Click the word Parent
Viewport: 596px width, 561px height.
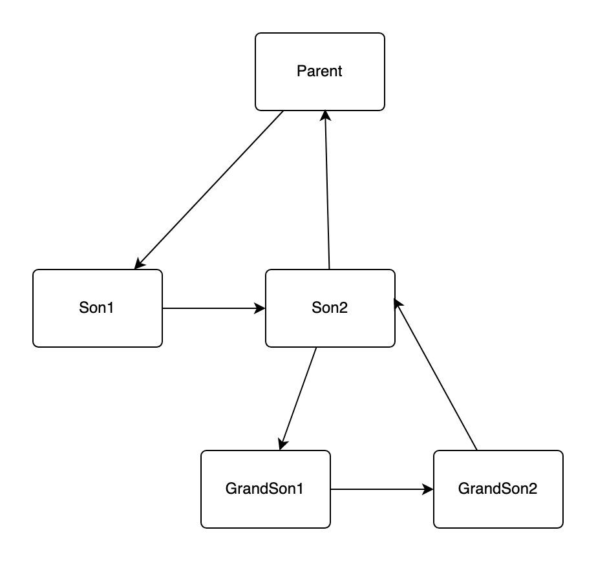click(x=319, y=71)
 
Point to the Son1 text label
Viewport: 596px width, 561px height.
click(x=97, y=308)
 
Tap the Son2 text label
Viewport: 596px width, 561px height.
click(x=330, y=308)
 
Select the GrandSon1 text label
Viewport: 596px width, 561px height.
click(x=265, y=489)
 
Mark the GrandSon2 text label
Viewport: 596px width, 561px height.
click(x=498, y=489)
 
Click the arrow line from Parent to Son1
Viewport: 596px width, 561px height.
click(x=210, y=189)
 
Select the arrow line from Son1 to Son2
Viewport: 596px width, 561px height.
click(x=213, y=308)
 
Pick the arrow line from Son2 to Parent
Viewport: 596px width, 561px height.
click(x=327, y=194)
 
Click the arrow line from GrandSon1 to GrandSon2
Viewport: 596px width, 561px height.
click(x=381, y=489)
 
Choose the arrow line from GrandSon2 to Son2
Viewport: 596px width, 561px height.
click(x=436, y=375)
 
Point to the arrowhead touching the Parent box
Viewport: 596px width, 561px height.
click(x=325, y=116)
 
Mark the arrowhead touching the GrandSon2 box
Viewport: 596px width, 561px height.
click(x=427, y=489)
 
